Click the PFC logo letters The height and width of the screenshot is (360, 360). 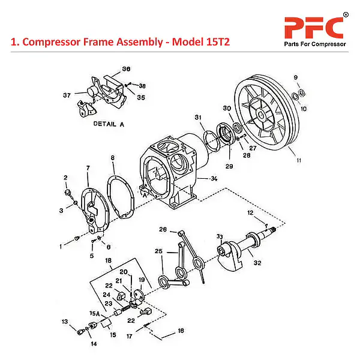[x=314, y=27]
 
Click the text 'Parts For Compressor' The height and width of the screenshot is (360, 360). [x=314, y=44]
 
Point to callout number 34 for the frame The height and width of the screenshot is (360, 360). [x=214, y=178]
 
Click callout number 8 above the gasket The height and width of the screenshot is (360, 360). [x=112, y=158]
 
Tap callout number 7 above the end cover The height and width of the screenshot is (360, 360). [x=88, y=167]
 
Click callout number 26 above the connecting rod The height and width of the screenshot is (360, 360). [x=163, y=229]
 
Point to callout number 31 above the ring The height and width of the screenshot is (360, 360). [x=197, y=116]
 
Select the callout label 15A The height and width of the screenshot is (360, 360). [x=94, y=313]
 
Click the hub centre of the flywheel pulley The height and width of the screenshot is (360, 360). [x=262, y=113]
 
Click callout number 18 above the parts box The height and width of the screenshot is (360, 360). [x=109, y=261]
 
